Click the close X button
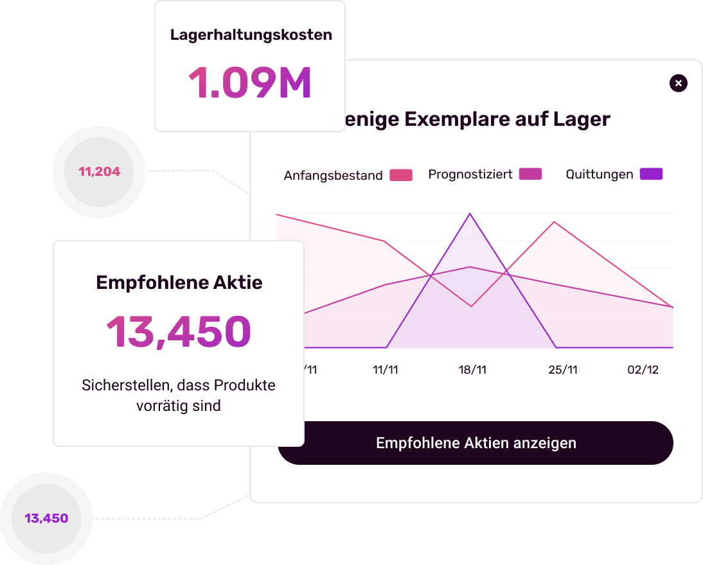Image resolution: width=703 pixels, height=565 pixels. click(679, 83)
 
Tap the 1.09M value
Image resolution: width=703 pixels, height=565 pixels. click(250, 83)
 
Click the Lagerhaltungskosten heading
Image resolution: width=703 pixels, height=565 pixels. click(251, 35)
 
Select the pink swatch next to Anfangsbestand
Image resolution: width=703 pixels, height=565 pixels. click(401, 175)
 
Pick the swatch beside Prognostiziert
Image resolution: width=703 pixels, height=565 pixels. click(531, 174)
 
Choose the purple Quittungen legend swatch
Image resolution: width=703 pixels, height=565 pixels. click(651, 174)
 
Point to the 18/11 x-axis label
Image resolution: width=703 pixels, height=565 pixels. click(472, 370)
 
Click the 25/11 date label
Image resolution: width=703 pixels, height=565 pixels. click(563, 370)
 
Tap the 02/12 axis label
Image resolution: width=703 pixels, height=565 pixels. click(643, 370)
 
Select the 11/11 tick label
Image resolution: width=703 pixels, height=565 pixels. click(386, 370)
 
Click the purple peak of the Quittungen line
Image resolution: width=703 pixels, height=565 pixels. click(470, 214)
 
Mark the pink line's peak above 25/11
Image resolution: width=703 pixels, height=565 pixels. click(554, 222)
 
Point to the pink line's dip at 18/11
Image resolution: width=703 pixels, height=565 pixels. click(471, 306)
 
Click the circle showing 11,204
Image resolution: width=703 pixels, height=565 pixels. click(99, 172)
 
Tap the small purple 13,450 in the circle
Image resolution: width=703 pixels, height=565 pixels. click(46, 518)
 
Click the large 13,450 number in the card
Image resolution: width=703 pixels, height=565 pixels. click(178, 332)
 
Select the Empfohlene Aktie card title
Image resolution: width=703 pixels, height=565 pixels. click(179, 282)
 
